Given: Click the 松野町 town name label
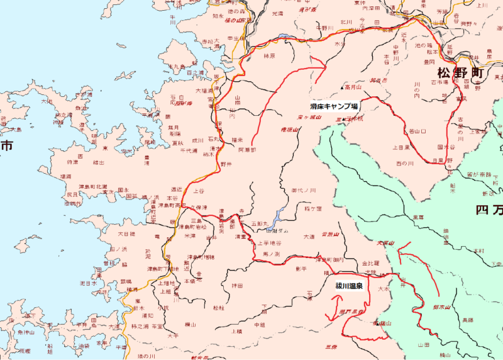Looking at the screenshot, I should pyautogui.click(x=462, y=71).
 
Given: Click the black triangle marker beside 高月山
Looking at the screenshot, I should pyautogui.click(x=342, y=87).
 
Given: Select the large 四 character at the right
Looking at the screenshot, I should pyautogui.click(x=484, y=210).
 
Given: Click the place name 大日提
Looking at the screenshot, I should pyautogui.click(x=126, y=234).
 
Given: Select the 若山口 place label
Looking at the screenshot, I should pyautogui.click(x=417, y=132).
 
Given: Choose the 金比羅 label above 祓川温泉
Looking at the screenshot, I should pyautogui.click(x=371, y=263).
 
